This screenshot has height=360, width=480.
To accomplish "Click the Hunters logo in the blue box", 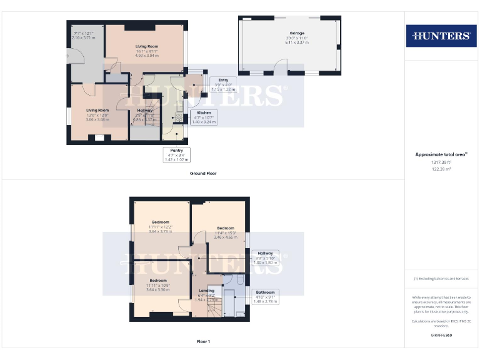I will (x=441, y=36).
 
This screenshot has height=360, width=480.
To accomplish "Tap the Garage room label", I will (x=287, y=32).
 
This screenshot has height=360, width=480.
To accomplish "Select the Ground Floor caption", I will (x=203, y=173).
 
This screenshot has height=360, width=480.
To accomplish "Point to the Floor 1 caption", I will (x=203, y=342).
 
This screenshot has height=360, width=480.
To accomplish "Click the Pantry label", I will (x=176, y=150).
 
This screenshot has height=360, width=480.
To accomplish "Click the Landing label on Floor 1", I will (x=206, y=291).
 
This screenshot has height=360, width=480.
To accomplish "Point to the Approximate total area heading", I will (x=441, y=154).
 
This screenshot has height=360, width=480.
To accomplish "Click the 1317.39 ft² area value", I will (x=441, y=162).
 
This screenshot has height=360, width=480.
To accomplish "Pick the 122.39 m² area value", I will (x=441, y=169).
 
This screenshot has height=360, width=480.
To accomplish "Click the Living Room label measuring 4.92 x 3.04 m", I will (x=147, y=46).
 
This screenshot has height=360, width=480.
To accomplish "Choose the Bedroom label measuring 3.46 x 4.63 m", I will (x=225, y=228).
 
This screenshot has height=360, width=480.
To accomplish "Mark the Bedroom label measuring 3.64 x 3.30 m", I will (x=157, y=281).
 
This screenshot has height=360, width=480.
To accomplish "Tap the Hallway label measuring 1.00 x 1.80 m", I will (x=264, y=253).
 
